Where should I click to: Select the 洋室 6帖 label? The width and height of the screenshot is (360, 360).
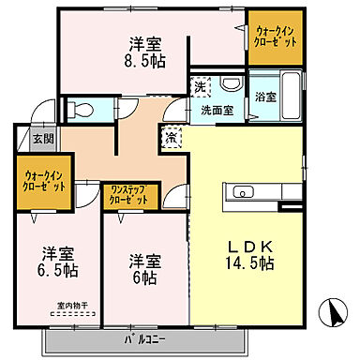click(x=144, y=269)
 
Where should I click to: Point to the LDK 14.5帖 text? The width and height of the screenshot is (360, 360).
click(x=247, y=256)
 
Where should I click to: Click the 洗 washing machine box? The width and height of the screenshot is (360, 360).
click(x=200, y=87)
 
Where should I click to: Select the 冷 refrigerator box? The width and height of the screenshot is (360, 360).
click(x=172, y=138)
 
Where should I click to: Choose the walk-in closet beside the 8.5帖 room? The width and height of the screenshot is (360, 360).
click(x=277, y=37)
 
